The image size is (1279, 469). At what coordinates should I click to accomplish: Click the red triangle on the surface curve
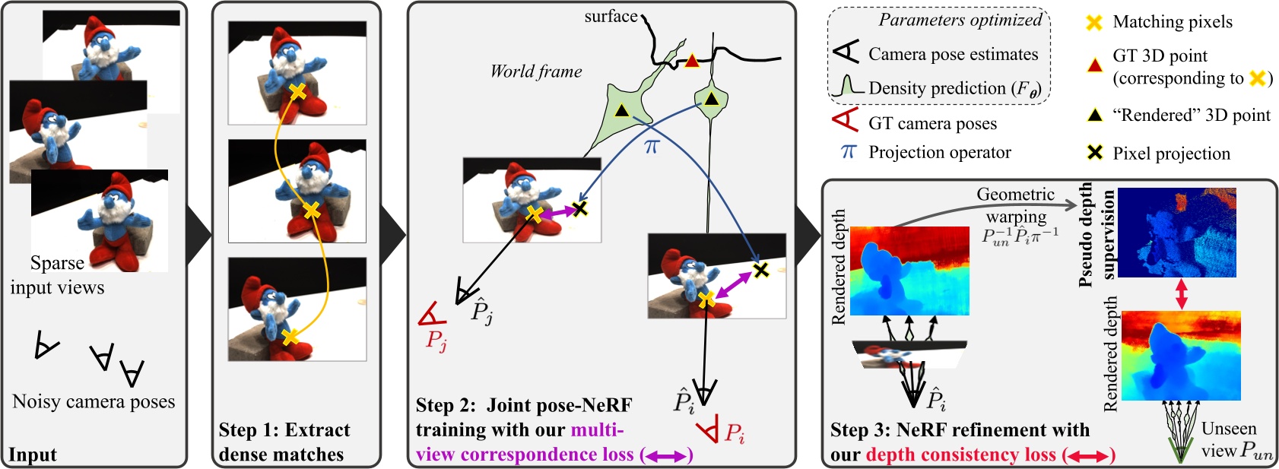(691, 61)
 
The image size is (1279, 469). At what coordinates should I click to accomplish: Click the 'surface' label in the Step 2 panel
(611, 16)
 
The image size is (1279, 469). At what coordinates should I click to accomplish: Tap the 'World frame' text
(536, 71)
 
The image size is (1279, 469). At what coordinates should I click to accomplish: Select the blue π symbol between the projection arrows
(651, 146)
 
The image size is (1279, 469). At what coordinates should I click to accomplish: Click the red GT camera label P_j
(436, 340)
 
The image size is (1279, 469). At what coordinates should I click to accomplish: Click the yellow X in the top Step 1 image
(298, 92)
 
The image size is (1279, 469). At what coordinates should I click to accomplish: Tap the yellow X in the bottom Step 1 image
(289, 336)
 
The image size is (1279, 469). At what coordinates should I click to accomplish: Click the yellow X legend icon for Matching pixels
(1093, 22)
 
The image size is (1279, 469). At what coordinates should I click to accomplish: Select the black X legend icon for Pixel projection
(1094, 153)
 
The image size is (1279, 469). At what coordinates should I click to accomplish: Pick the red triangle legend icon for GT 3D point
(1094, 65)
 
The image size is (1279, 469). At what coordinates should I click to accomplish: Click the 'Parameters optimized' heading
(960, 21)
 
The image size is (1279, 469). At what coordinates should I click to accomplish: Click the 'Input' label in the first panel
(33, 455)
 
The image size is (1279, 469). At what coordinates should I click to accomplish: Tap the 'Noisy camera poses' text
(94, 401)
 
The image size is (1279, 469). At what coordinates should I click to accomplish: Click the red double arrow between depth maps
(1181, 294)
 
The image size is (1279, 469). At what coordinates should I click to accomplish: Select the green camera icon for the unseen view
(1179, 452)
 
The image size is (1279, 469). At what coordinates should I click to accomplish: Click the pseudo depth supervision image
(1176, 232)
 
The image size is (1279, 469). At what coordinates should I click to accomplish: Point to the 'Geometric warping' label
(1016, 204)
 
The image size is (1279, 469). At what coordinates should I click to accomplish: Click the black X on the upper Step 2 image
(580, 208)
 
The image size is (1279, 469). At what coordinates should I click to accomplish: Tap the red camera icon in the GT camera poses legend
(846, 122)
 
